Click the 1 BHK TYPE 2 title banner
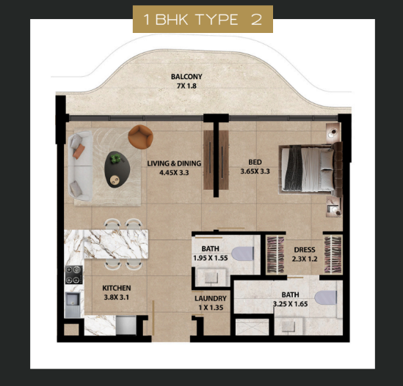point(203,19)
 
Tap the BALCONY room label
point(186,76)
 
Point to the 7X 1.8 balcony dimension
point(186,86)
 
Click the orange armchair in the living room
point(141,136)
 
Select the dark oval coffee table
point(117,169)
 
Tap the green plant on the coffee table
point(116,158)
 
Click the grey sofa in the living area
point(81,166)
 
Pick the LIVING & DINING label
point(174,163)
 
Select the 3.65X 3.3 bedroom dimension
point(255,171)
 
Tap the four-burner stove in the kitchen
point(74,275)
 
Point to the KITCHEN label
point(117,288)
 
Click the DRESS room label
point(305,250)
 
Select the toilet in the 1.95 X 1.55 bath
point(242,253)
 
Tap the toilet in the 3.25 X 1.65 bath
point(325,297)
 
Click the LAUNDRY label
point(211,298)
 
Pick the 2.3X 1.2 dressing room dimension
point(305,259)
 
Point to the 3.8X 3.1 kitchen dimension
point(117,297)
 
